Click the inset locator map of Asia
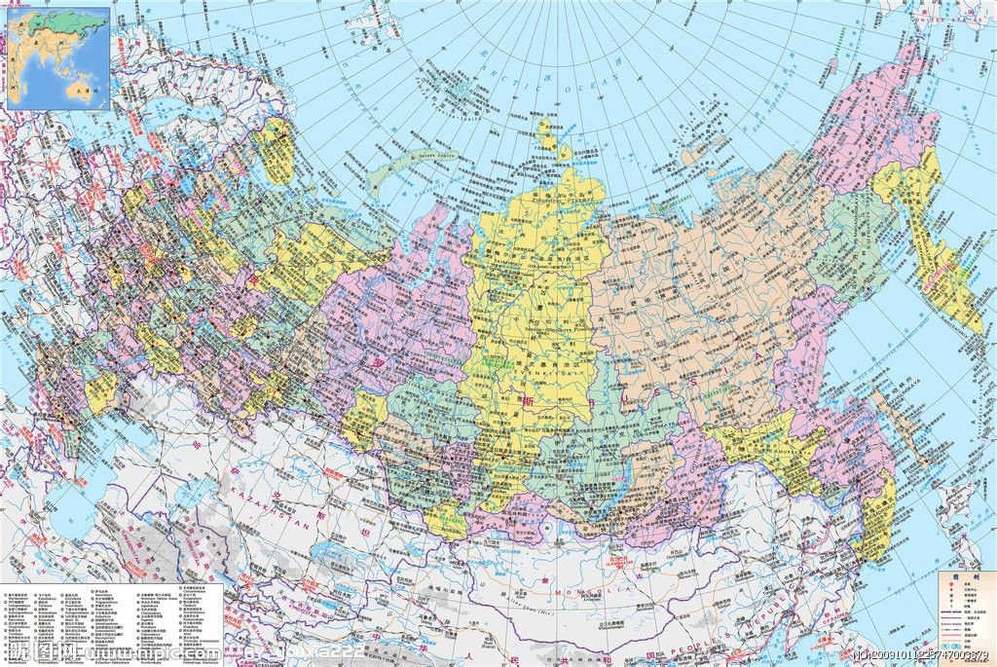point(58,58)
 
